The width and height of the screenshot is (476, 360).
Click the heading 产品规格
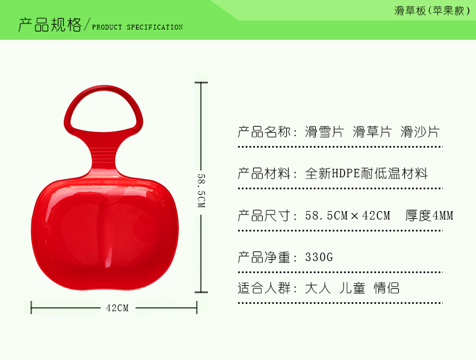[x=50, y=25]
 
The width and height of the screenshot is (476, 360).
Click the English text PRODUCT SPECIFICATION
[x=137, y=27]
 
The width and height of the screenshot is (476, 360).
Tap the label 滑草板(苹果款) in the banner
[x=432, y=11]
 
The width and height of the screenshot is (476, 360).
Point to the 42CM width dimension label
[x=117, y=308]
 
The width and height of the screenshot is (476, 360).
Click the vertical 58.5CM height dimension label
[x=201, y=191]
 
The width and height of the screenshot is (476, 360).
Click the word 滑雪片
[x=324, y=132]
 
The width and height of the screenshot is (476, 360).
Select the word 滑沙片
[x=420, y=132]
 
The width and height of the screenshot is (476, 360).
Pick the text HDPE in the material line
[x=346, y=174]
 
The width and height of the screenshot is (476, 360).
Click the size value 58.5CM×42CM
[x=348, y=215]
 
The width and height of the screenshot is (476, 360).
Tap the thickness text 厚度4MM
[x=429, y=215]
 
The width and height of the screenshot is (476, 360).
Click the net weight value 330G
[x=319, y=257]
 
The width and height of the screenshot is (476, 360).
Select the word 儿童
[x=352, y=288]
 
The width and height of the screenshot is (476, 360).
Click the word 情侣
[x=386, y=288]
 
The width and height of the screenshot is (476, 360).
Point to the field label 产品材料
[x=264, y=174]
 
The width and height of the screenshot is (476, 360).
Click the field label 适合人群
[x=264, y=288]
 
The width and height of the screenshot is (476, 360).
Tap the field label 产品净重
[x=264, y=257]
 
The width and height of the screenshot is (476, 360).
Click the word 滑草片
[x=372, y=132]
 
